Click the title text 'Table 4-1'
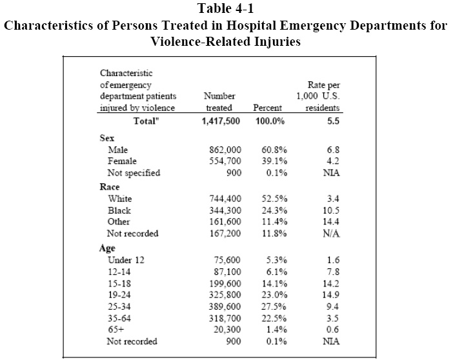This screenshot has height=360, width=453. pos(226,8)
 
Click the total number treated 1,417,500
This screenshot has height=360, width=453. pos(221,121)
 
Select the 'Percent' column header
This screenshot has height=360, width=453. pos(267,108)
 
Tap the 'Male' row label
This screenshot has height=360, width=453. pos(118,150)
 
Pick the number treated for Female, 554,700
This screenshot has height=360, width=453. pos(225,161)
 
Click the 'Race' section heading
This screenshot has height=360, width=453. pos(110,187)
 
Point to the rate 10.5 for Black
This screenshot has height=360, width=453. pos(331,210)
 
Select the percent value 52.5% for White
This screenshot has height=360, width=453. pos(274,199)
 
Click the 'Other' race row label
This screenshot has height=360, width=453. pos(119,221)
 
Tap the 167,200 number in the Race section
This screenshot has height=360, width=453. pos(225,233)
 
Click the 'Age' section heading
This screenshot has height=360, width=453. pos(107,248)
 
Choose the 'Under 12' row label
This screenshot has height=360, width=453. pos(126,260)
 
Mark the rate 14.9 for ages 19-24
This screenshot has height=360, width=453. pos(331,295)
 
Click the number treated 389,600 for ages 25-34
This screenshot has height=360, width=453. pos(225,306)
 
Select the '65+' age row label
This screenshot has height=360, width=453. pos(116,330)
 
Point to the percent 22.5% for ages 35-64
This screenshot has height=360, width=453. pos(274,318)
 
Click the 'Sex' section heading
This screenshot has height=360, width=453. pos(107,138)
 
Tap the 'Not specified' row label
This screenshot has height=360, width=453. pos(134,173)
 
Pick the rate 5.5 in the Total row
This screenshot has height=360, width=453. pos(333,121)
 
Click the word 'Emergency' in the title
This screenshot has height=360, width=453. pos(312,25)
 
